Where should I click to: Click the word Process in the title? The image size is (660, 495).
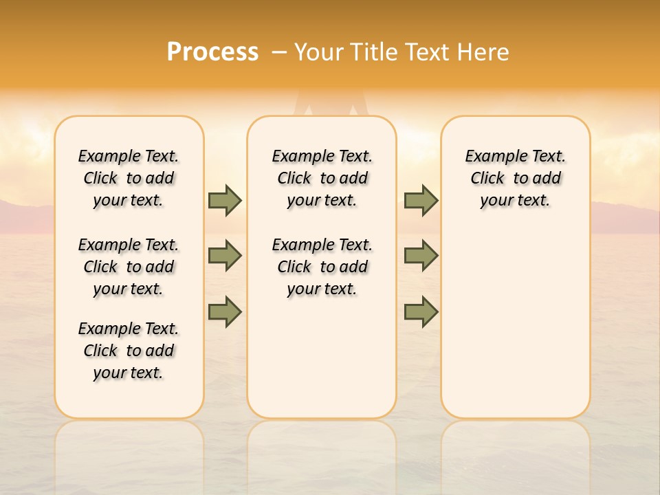click(212, 52)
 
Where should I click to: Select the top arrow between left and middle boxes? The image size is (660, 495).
click(225, 200)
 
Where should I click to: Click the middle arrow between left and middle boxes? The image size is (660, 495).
click(225, 256)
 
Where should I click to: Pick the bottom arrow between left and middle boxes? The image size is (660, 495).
click(225, 311)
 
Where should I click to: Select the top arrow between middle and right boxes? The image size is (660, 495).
click(421, 200)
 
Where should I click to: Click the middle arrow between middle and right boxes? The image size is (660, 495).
click(421, 256)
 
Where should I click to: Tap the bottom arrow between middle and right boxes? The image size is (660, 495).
click(421, 311)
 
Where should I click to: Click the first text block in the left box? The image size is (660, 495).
click(129, 178)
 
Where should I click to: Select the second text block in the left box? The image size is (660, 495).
click(129, 267)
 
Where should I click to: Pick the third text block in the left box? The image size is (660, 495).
click(129, 351)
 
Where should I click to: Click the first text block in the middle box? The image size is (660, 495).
click(322, 178)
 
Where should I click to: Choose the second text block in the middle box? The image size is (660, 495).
click(322, 267)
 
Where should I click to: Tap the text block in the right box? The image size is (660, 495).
click(515, 178)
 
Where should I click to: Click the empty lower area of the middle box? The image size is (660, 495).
click(322, 357)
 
